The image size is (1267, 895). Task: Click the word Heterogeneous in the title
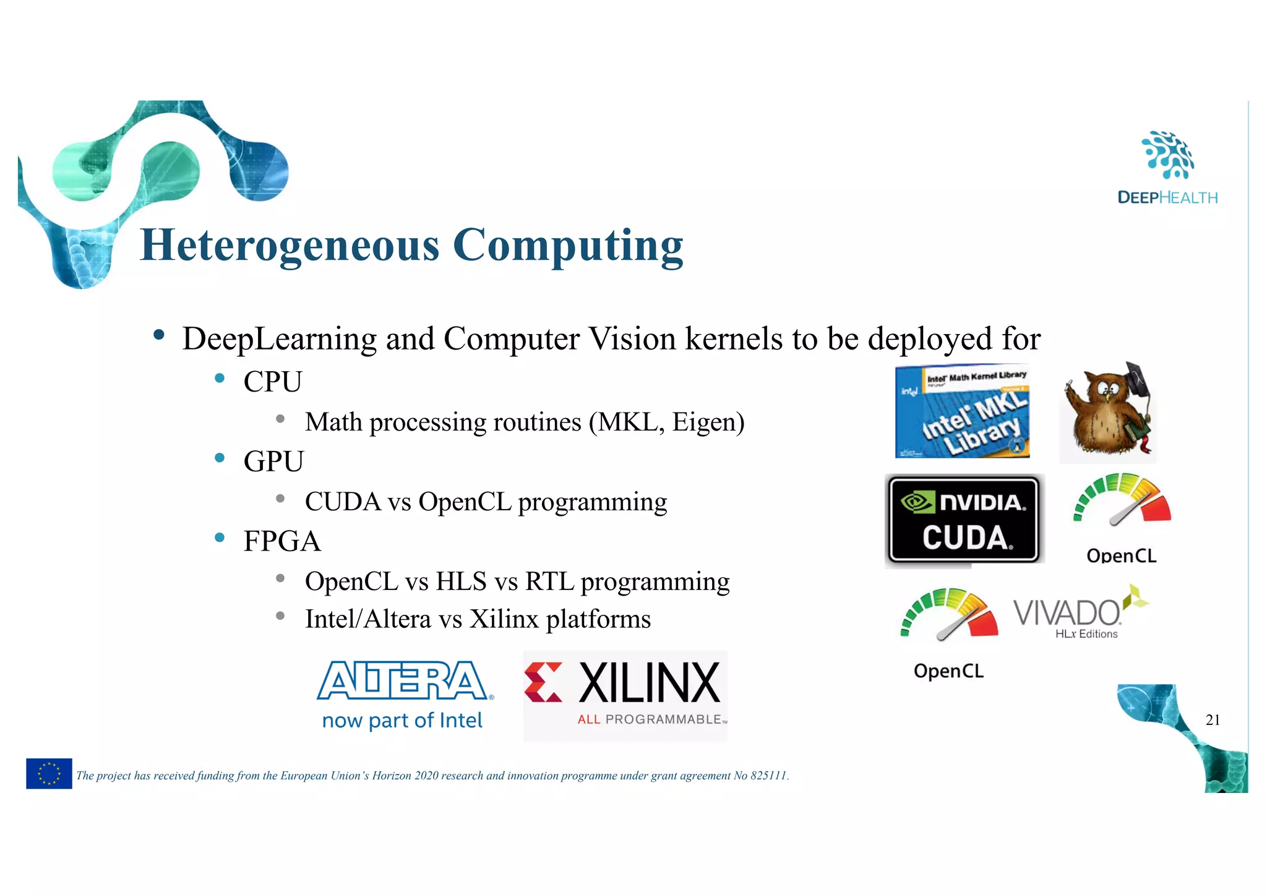[x=290, y=245]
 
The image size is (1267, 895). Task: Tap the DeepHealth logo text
[x=1167, y=197]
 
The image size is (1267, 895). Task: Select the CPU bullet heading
[x=272, y=382]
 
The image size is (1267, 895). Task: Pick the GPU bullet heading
[x=273, y=461]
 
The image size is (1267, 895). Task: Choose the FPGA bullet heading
[x=281, y=541]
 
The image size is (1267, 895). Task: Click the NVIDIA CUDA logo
[x=963, y=520]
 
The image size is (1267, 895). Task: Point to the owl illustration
[x=1108, y=413]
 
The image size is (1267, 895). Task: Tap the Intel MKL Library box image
[x=963, y=411]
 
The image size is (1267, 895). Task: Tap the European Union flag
[x=49, y=773]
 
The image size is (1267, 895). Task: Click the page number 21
[x=1213, y=719]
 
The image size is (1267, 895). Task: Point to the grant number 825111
[x=768, y=776]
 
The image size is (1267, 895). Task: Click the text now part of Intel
[x=402, y=721]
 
